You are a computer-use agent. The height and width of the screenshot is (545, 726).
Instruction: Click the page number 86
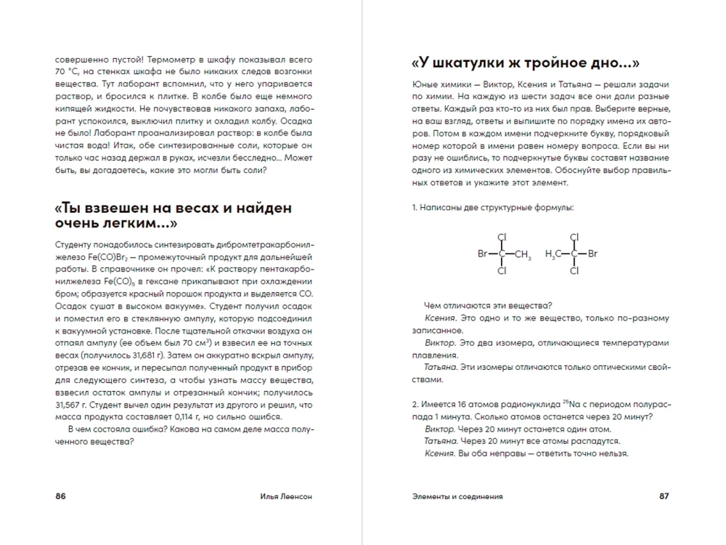click(x=60, y=496)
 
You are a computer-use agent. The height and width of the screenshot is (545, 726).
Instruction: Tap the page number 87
click(x=664, y=496)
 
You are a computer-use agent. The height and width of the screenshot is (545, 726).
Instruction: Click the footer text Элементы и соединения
click(x=457, y=496)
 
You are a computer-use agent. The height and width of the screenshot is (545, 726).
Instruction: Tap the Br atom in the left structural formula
click(x=483, y=254)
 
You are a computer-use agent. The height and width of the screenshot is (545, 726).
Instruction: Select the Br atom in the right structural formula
click(x=592, y=254)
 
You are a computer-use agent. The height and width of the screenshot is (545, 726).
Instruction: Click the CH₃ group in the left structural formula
click(x=523, y=254)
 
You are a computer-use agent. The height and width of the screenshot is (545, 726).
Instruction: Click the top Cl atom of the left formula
click(x=502, y=237)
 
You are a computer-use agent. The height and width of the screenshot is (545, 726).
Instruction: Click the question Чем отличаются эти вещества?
click(x=488, y=306)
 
